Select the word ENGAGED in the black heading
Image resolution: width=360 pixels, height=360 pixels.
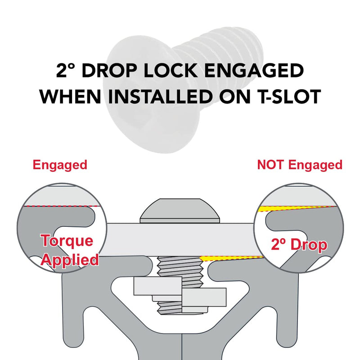(x=254, y=70)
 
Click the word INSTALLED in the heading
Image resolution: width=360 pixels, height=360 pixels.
(x=160, y=96)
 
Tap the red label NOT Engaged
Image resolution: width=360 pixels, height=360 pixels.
(x=300, y=165)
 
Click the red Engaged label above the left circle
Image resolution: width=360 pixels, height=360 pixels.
(x=60, y=165)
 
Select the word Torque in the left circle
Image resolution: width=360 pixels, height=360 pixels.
(x=67, y=241)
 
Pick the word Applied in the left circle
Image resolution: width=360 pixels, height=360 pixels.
(x=70, y=260)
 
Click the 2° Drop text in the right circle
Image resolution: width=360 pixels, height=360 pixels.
(x=299, y=244)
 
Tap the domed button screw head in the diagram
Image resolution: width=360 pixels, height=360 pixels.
(x=180, y=211)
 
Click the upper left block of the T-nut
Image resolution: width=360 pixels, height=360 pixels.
(x=158, y=286)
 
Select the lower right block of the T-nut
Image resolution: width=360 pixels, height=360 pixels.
(x=204, y=297)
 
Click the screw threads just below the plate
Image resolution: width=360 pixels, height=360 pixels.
(x=180, y=266)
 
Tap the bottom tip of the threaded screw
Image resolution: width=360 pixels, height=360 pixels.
(x=183, y=314)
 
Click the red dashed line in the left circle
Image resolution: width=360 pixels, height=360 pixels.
(x=63, y=206)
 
